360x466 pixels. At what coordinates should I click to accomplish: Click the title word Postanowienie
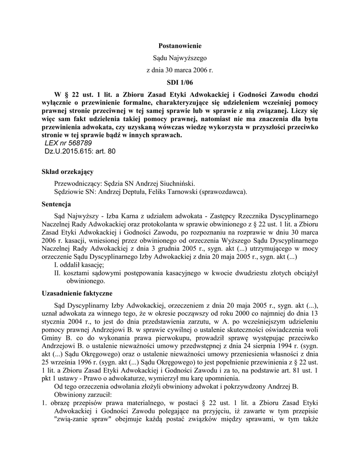point(179,46)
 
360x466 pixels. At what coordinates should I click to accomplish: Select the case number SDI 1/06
point(179,82)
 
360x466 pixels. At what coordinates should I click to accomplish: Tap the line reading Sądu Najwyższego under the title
point(179,58)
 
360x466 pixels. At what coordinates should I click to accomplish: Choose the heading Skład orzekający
point(67,172)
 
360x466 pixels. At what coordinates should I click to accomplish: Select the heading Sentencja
point(56,204)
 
